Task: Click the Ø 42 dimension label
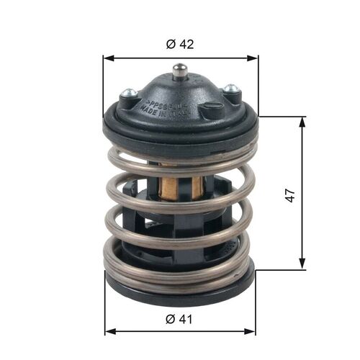point(180,44)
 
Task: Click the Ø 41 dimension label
point(180,317)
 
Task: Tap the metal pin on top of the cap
point(179,72)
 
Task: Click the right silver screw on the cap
point(230,90)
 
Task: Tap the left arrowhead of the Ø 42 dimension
point(108,57)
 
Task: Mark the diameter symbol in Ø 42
point(170,44)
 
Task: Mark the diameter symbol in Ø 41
point(170,317)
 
